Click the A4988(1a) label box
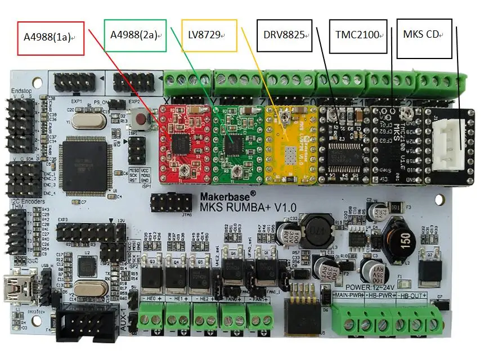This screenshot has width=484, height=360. pos(51,38)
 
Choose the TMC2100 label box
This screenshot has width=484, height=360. pos(358,35)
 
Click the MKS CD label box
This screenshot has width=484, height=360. pos(424,38)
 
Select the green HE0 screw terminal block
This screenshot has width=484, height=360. pos(151,314)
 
